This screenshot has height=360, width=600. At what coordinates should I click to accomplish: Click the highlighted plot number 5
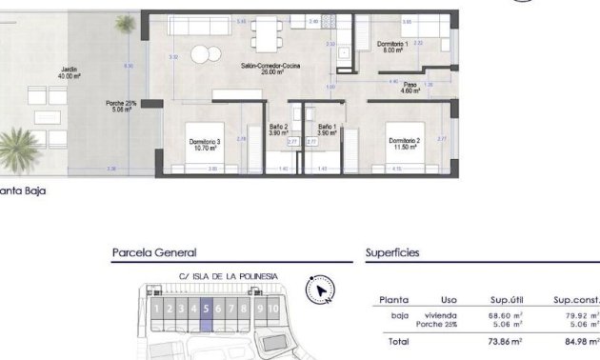(x=206, y=309)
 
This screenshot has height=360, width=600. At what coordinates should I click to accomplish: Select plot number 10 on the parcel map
(x=273, y=309)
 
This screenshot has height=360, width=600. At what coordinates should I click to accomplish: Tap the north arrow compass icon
(x=321, y=290)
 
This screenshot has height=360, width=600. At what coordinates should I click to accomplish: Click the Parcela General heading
(x=153, y=253)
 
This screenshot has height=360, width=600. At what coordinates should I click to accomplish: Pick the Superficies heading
(x=392, y=253)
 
